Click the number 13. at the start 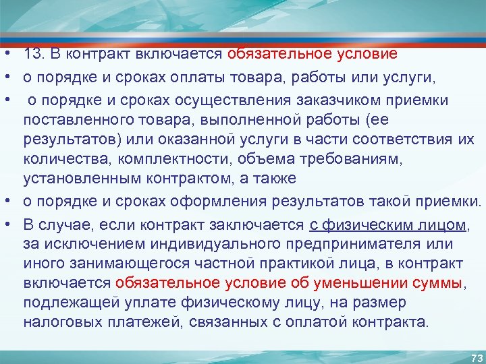(x=34, y=54)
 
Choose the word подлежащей (x=71, y=301)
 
